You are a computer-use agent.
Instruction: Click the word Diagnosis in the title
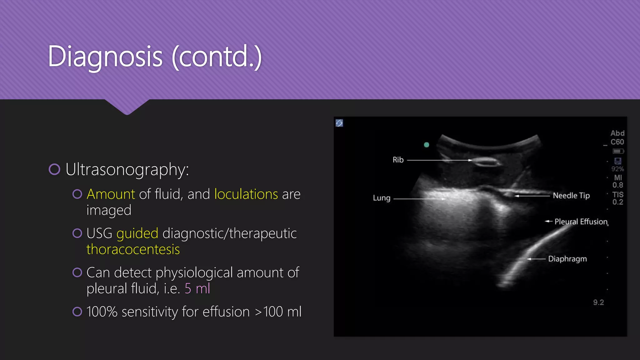coord(105,57)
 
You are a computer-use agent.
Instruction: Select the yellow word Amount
coord(111,194)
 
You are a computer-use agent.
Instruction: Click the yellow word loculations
coord(246,194)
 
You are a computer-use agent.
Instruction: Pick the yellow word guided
coord(137,233)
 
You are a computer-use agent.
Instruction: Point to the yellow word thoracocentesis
coord(133,249)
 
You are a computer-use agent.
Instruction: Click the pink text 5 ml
coord(197,288)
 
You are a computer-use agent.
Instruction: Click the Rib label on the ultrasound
coord(398,160)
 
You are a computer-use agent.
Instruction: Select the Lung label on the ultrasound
coord(382,198)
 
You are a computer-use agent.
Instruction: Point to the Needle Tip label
coord(571,196)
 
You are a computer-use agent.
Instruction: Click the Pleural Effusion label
coord(581,222)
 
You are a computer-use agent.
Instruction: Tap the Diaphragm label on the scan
coord(567,259)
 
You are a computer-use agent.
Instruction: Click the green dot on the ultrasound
coord(427,145)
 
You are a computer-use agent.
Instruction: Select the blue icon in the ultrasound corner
coord(339,123)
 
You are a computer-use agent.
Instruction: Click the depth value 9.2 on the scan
coord(598,302)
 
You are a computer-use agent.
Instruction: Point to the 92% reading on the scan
coord(617,169)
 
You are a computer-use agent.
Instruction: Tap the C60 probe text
coord(617,142)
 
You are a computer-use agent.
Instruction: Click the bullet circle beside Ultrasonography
coord(54,169)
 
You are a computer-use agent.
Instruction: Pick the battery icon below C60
coord(618,151)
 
